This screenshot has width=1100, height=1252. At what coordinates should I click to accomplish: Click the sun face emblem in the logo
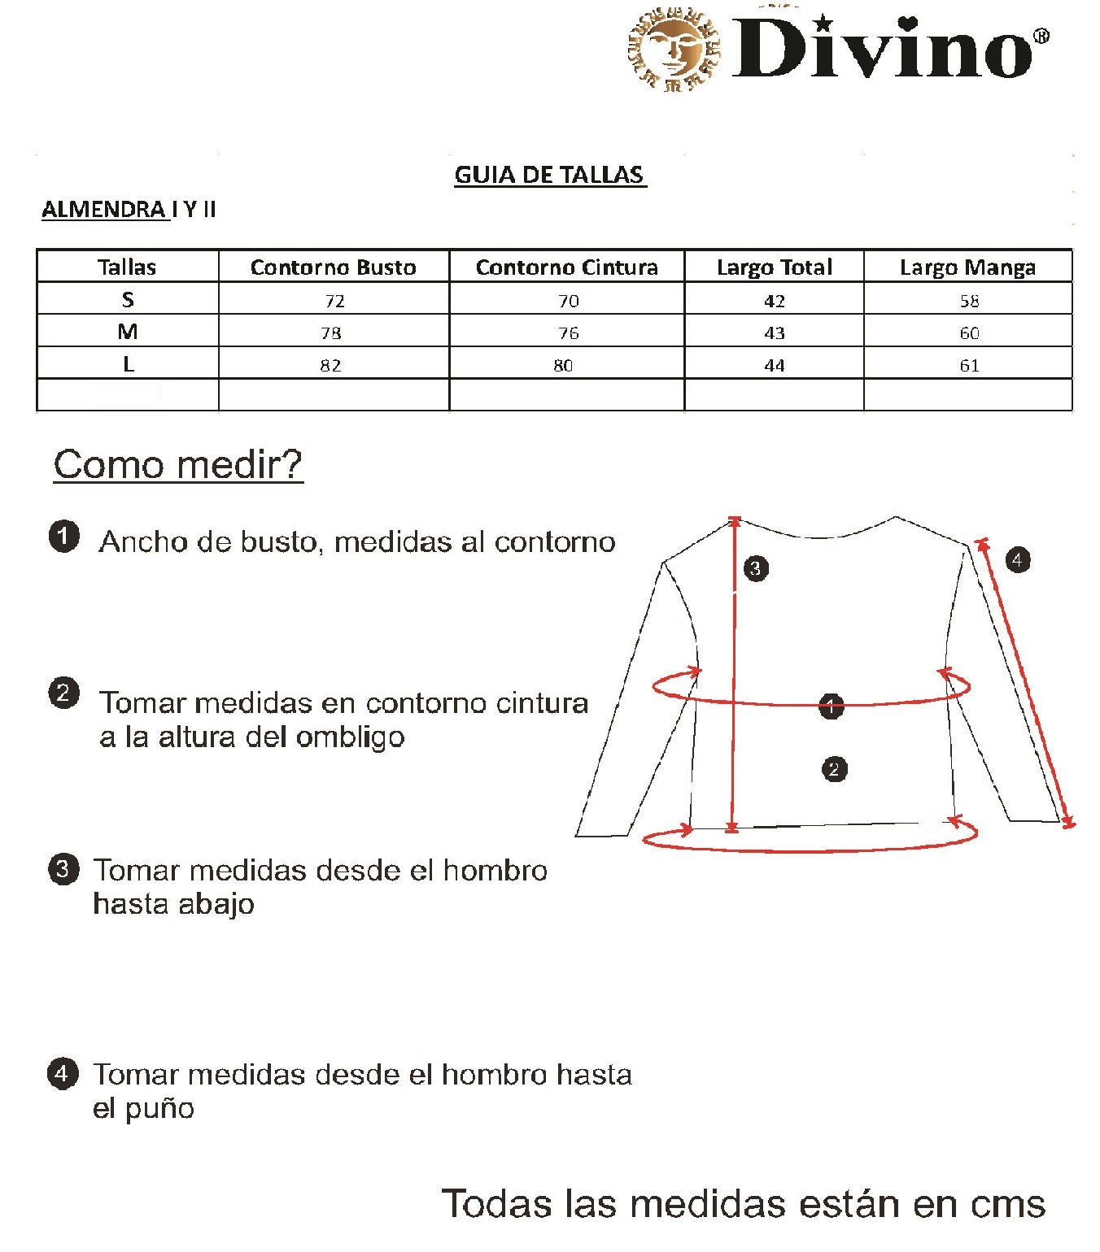[x=674, y=50]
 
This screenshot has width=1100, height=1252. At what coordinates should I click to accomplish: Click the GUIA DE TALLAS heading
[x=549, y=175]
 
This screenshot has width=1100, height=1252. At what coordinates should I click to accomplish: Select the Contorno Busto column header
[x=333, y=267]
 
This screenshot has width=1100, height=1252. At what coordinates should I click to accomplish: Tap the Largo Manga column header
[x=967, y=267]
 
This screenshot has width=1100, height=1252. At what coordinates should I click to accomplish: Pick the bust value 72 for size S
[x=334, y=301]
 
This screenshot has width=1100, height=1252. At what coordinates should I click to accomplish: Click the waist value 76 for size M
[x=568, y=333]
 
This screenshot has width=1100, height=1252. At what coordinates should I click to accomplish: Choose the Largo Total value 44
[x=774, y=365]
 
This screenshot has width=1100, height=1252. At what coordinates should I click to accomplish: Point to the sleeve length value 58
[x=969, y=301]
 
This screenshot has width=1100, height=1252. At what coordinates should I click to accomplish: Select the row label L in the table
[x=128, y=365]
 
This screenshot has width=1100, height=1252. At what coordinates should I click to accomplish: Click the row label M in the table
[x=128, y=332]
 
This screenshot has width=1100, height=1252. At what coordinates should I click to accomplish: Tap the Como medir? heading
[x=178, y=465]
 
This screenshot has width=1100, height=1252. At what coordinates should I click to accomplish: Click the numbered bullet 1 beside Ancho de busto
[x=64, y=537]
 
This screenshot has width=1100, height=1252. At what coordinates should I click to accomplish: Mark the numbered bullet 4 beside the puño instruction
[x=63, y=1073]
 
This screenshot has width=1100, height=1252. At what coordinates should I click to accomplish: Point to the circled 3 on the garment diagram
[x=756, y=567]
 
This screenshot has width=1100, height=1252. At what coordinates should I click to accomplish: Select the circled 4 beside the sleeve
[x=1017, y=559]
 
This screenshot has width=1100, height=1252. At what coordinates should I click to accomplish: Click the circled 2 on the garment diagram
[x=834, y=768]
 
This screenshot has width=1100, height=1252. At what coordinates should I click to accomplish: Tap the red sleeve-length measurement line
[x=1025, y=683]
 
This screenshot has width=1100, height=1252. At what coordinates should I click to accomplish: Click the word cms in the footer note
[x=1007, y=1203]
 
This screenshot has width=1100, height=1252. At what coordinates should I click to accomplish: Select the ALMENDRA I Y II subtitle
[x=129, y=210]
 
